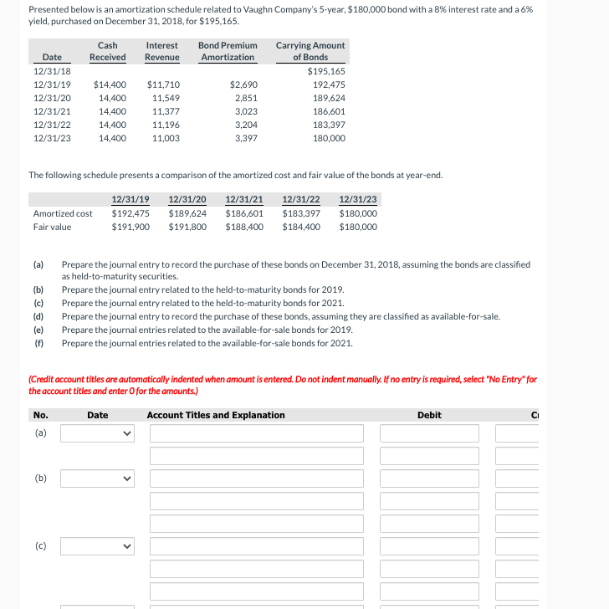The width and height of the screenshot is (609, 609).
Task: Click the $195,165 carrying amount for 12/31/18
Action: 326,71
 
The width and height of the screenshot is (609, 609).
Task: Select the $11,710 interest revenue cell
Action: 162,84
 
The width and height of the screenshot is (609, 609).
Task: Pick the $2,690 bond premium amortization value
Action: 243,84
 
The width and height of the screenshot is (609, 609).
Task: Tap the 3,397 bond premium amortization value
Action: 246,138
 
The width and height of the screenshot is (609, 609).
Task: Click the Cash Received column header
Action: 107,51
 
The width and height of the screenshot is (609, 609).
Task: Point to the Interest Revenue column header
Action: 161,51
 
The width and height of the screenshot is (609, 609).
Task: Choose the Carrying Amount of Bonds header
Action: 310,51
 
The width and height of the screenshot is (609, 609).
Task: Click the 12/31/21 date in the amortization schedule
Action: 52,111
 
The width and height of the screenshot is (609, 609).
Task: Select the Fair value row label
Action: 52,227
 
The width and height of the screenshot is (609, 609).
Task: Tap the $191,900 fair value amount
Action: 130,227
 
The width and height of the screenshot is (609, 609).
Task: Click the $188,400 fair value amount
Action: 244,227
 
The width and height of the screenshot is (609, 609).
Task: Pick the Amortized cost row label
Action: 63,213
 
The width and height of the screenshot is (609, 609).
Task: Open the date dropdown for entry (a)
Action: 97,433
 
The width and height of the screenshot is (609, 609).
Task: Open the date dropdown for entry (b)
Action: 97,478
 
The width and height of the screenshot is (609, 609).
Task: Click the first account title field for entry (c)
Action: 257,546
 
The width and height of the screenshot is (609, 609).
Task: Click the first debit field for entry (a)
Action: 429,433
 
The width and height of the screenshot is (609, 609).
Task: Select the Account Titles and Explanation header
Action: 216,415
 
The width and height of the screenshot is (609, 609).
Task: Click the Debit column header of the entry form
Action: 429,415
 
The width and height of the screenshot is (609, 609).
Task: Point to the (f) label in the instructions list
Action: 38,343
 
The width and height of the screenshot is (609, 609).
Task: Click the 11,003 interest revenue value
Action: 166,138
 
